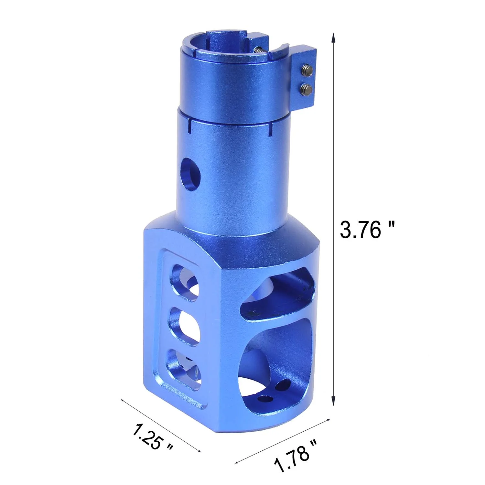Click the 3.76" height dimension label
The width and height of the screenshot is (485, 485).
coord(367,230)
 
